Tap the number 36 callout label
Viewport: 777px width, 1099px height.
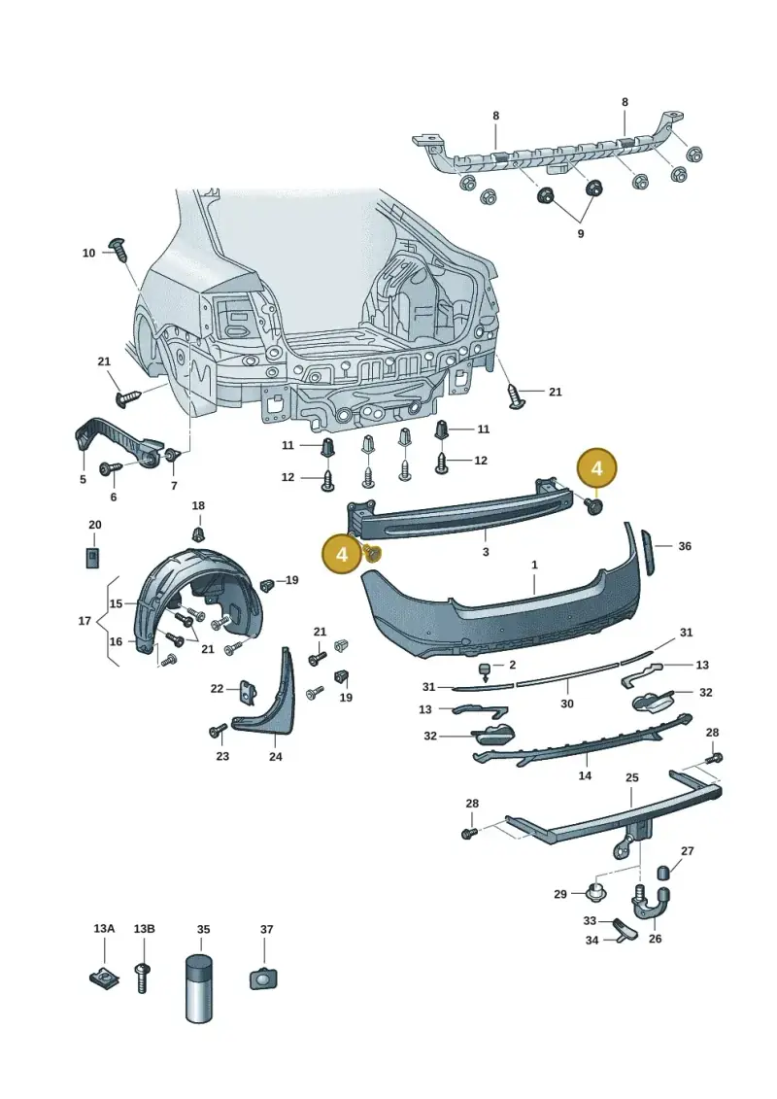[685, 546]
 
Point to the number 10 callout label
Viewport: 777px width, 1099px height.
[88, 253]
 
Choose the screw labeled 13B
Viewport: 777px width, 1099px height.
[142, 978]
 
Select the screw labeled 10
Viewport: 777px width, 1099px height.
[119, 250]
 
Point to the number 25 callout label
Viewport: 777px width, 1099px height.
[632, 778]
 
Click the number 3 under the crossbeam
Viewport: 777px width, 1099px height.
[486, 552]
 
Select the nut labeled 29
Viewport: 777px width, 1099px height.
[595, 892]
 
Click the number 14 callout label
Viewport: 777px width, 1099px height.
[585, 775]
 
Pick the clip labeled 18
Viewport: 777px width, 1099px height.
[199, 534]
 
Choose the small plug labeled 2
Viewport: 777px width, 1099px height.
[485, 670]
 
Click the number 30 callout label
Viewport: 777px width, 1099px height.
[567, 703]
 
